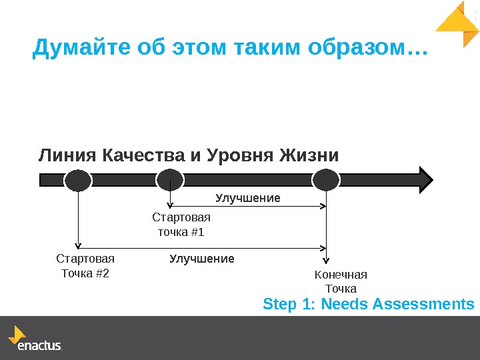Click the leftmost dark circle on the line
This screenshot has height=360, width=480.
coord(79,180)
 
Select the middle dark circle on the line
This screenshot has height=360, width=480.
coord(170,180)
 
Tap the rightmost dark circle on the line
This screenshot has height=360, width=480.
coord(326,180)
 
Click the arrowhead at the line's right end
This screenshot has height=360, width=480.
coord(424,180)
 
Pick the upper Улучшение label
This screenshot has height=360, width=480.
coord(247,198)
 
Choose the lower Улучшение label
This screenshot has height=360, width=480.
coord(201,258)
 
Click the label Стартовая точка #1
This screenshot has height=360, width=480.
coord(181,225)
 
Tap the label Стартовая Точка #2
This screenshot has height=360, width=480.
coord(85,265)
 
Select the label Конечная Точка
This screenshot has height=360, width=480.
coord(341,281)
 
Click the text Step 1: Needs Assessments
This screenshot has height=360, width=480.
coord(369,305)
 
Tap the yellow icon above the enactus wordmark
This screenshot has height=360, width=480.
coord(17,333)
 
